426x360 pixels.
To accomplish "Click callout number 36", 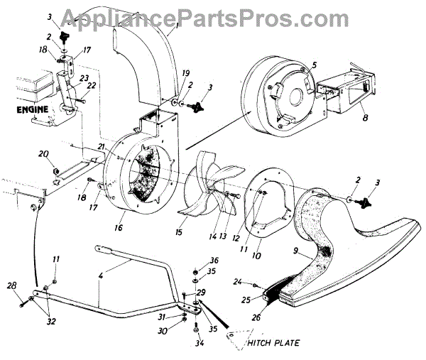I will (214, 261).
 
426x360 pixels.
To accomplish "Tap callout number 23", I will (84, 78).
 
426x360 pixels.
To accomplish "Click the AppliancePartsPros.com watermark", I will (213, 16).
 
